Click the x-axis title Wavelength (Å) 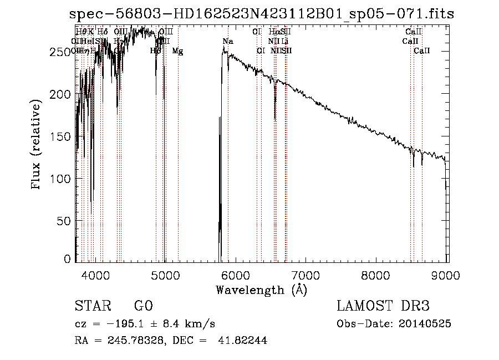point(261,290)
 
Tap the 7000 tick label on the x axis point(306,274)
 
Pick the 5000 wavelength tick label point(165,274)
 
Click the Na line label point(228,42)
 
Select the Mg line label point(177,51)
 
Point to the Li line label point(284,42)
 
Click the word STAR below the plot point(92,306)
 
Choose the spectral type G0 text point(143,306)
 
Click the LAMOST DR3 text point(383,306)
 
